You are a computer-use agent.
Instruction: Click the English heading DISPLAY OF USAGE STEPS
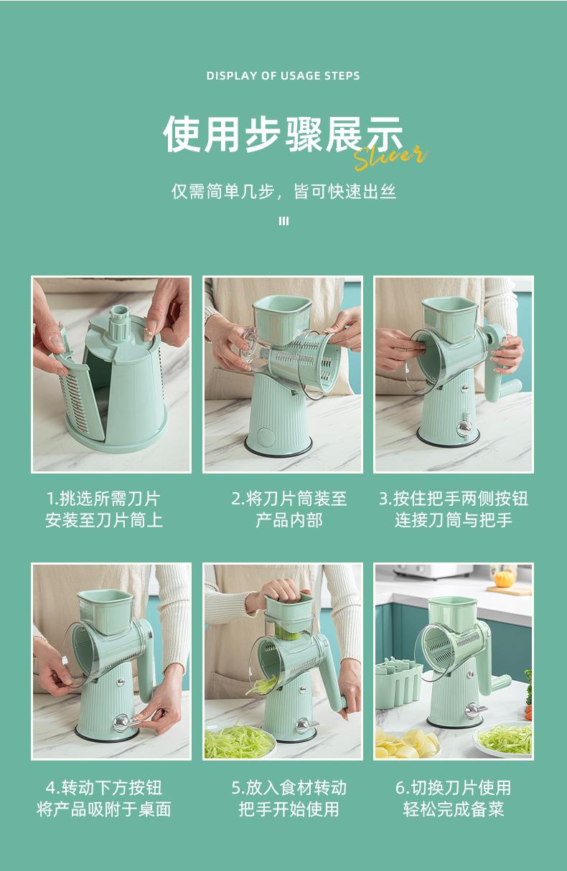pyautogui.click(x=283, y=75)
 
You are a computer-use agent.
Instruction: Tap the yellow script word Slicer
pyautogui.click(x=391, y=158)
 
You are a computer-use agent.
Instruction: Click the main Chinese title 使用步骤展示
pyautogui.click(x=283, y=134)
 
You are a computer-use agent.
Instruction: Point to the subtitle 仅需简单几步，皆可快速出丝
pyautogui.click(x=283, y=192)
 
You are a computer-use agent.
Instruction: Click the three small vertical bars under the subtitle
pyautogui.click(x=284, y=221)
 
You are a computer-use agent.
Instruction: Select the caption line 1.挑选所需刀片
pyautogui.click(x=103, y=499)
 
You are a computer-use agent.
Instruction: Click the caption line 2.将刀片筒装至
pyautogui.click(x=289, y=499)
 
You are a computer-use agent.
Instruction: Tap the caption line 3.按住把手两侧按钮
pyautogui.click(x=454, y=499)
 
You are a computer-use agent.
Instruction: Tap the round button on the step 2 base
pyautogui.click(x=266, y=437)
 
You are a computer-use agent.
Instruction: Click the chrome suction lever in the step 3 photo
pyautogui.click(x=464, y=426)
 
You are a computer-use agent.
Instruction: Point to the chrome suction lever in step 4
pyautogui.click(x=125, y=723)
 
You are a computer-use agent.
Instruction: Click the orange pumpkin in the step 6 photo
pyautogui.click(x=502, y=580)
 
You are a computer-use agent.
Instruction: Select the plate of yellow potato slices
pyautogui.click(x=406, y=744)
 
